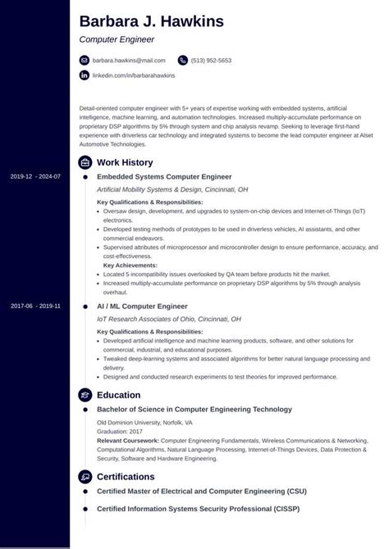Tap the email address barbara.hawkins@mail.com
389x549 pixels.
point(129,61)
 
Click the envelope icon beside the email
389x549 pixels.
point(84,61)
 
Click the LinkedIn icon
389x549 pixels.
point(84,75)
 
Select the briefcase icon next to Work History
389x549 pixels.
point(84,162)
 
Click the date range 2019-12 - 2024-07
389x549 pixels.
point(35,177)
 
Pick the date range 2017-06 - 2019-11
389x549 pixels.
point(35,306)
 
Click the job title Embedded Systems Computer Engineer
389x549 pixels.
point(164,177)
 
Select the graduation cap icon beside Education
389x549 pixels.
point(84,394)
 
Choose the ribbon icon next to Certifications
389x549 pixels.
point(84,476)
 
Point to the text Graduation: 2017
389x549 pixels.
point(121,431)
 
